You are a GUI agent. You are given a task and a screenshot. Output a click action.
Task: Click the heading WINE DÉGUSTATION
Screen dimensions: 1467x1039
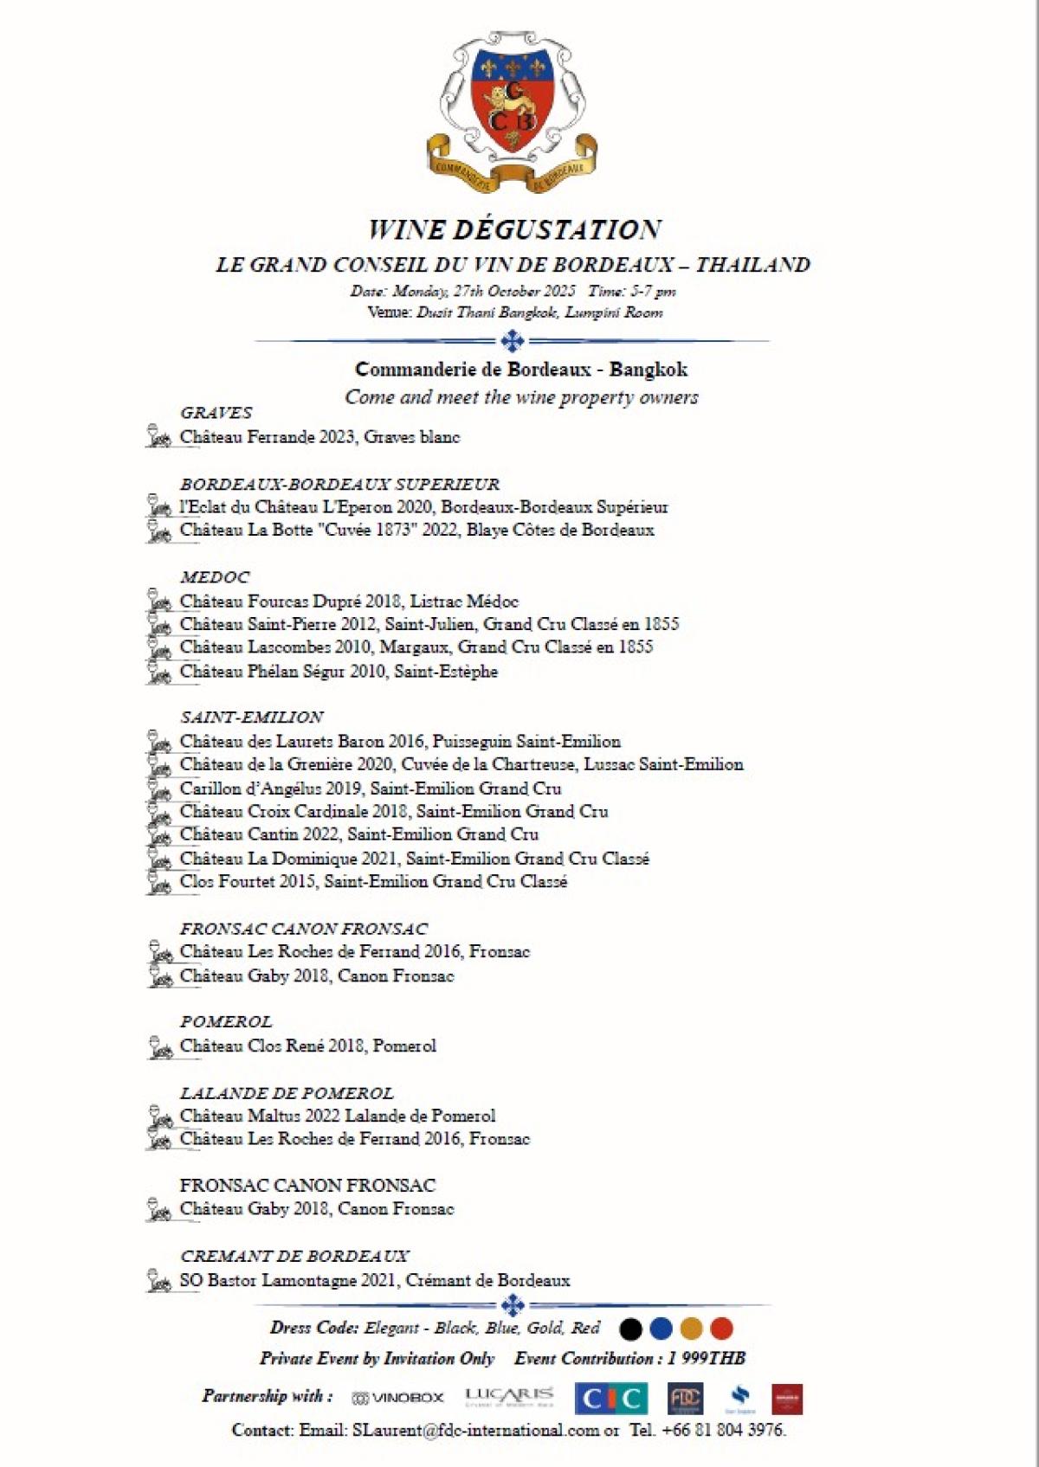(514, 229)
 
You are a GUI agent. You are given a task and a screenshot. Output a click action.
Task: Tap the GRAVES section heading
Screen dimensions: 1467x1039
(216, 413)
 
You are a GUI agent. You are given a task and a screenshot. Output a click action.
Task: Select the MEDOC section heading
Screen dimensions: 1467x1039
(215, 577)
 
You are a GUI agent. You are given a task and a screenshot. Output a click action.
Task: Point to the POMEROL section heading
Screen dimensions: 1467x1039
(226, 1022)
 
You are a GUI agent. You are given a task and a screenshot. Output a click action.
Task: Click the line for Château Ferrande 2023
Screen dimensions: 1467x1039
(319, 437)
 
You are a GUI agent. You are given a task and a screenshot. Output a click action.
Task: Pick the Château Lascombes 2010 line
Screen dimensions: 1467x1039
(416, 647)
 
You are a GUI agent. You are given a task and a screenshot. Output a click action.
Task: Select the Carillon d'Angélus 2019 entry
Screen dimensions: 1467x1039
(370, 788)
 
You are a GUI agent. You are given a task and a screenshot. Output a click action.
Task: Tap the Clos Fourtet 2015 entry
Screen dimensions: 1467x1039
(373, 882)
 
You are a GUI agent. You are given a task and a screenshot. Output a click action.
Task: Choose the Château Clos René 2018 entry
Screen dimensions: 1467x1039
(307, 1046)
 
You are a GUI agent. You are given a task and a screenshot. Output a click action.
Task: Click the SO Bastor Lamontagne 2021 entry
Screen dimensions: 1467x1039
(374, 1280)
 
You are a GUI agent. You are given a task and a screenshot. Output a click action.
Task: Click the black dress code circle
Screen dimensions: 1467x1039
(631, 1329)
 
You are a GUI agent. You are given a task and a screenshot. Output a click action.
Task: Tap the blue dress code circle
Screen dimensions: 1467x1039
(661, 1329)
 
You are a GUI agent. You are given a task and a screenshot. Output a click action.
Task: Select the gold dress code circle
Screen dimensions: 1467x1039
(691, 1329)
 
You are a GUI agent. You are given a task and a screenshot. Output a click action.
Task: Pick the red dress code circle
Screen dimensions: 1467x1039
(721, 1329)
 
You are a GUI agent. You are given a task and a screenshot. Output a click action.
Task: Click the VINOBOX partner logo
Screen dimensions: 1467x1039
(398, 1398)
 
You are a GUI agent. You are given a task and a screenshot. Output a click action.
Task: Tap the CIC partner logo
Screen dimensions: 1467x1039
(611, 1399)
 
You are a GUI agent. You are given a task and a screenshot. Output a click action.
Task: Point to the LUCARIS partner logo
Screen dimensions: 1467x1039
(509, 1396)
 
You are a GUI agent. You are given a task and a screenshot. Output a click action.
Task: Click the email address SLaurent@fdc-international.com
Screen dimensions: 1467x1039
(475, 1431)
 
